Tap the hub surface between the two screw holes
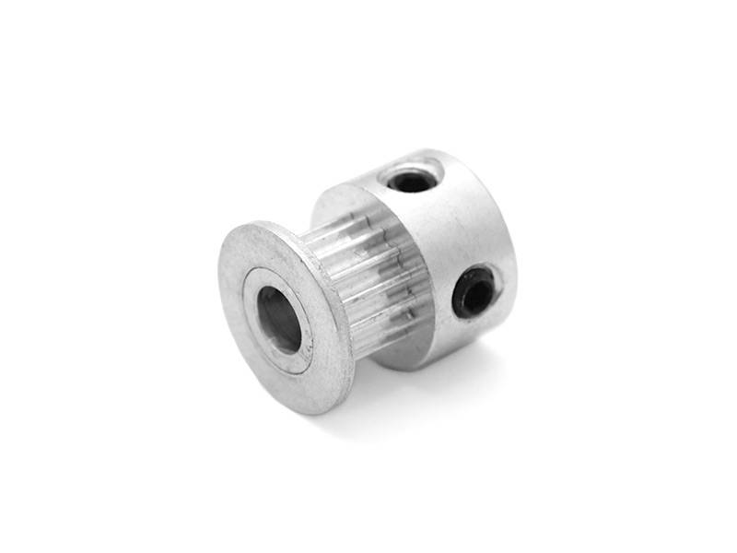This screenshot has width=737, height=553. tap(451, 230)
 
